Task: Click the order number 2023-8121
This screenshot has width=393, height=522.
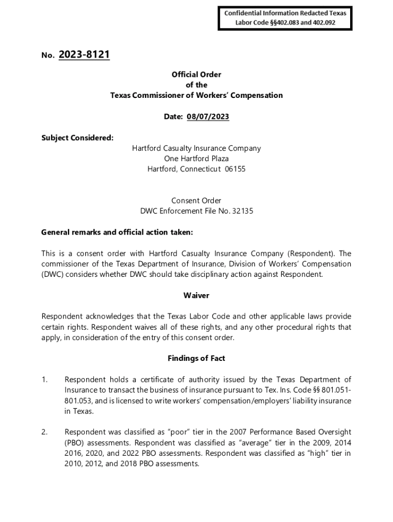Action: click(x=84, y=55)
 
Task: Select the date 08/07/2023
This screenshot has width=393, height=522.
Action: click(x=208, y=117)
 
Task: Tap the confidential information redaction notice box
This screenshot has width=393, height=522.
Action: click(x=285, y=18)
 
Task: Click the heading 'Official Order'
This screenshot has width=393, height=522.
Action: click(x=196, y=74)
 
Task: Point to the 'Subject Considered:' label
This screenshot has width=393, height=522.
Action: click(x=77, y=138)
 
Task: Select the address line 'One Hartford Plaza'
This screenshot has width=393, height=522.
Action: click(x=196, y=159)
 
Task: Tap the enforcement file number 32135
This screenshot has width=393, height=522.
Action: click(x=243, y=211)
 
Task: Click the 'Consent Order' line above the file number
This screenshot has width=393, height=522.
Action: click(x=196, y=200)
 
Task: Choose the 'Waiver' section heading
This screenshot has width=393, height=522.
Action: click(x=196, y=296)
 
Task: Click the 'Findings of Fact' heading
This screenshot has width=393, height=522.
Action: click(x=196, y=358)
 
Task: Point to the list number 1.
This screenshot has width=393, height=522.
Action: click(x=44, y=380)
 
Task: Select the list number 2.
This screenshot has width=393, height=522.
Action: click(x=44, y=432)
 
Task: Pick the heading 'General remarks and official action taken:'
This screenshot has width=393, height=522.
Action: click(x=117, y=232)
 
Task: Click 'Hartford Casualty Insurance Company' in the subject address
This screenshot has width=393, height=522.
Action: click(x=196, y=148)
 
